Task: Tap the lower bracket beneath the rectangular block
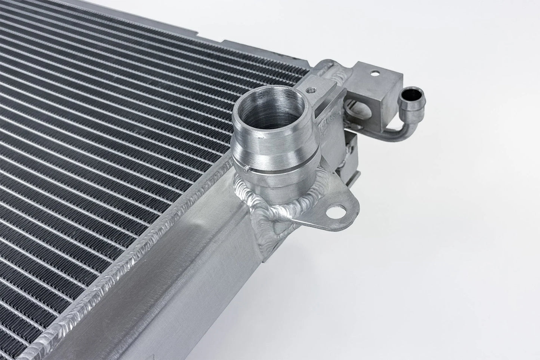349,150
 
